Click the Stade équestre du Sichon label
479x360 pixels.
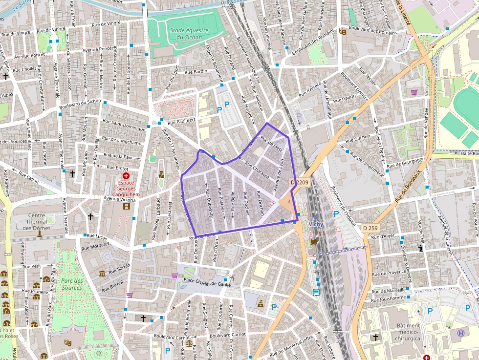[x=189, y=34]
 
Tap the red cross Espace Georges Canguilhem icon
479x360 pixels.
[x=126, y=175]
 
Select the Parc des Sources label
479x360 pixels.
[x=72, y=284]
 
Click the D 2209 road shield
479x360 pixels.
[x=300, y=182]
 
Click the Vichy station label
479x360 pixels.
[x=316, y=224]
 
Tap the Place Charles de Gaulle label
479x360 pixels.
[x=207, y=280]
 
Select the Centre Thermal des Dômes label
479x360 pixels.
[x=37, y=222]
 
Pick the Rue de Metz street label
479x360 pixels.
[x=272, y=144]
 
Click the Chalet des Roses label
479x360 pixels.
[x=9, y=333]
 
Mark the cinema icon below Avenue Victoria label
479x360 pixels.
[x=127, y=207]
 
